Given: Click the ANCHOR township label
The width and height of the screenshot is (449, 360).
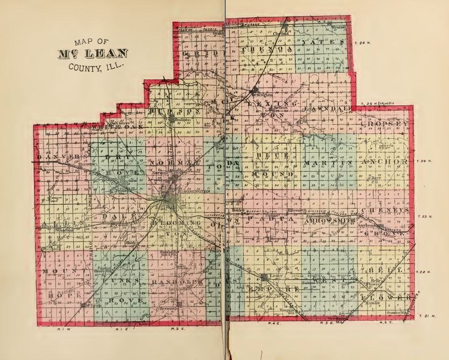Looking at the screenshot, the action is (x=387, y=163).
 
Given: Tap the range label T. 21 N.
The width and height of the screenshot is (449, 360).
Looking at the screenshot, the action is (x=426, y=316).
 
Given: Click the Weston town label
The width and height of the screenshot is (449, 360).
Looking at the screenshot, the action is (x=338, y=28).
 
